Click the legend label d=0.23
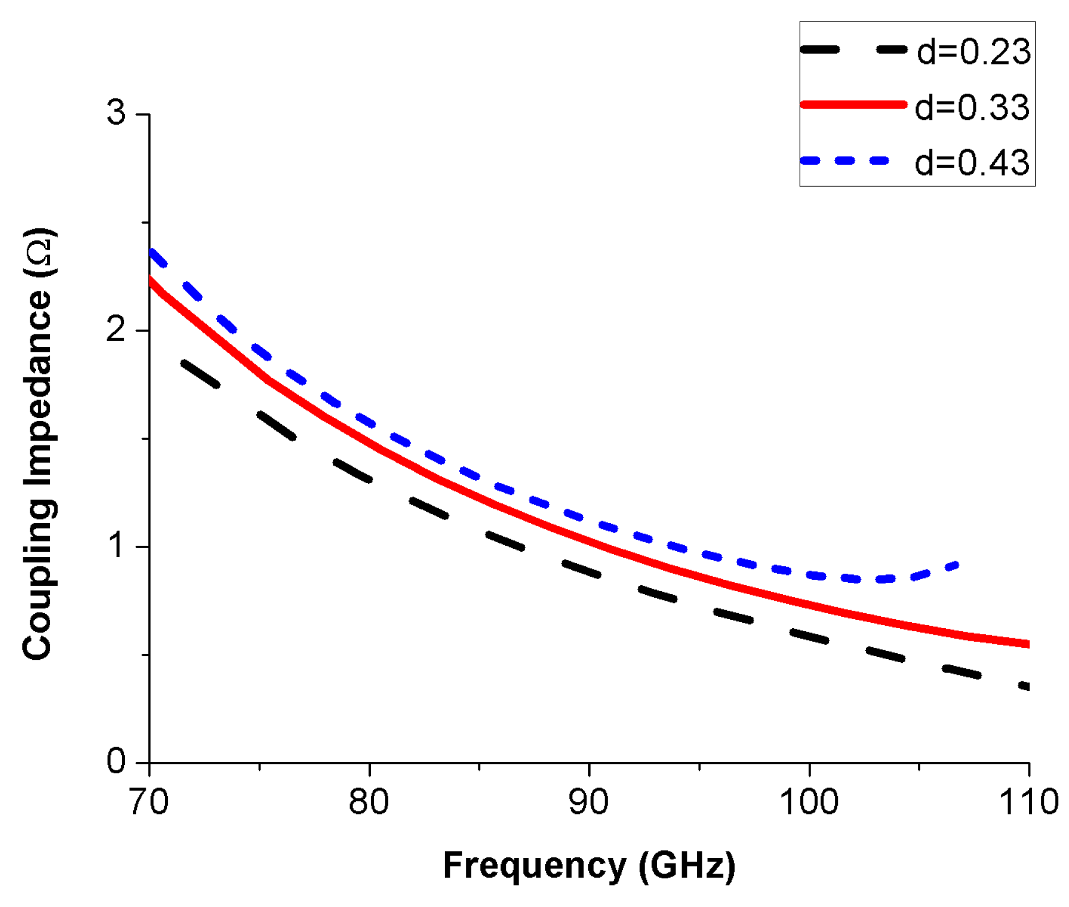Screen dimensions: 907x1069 pyautogui.click(x=973, y=51)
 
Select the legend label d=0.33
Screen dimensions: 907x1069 pyautogui.click(x=972, y=107)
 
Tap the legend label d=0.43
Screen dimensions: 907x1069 pyautogui.click(x=972, y=162)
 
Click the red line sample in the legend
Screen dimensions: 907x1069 pyautogui.click(x=853, y=104)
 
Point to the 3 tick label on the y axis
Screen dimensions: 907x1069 pyautogui.click(x=116, y=112)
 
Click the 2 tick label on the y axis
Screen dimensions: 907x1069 pyautogui.click(x=116, y=329)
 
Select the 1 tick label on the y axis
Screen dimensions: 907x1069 pyautogui.click(x=118, y=545)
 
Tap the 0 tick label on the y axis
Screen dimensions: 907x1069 pyautogui.click(x=116, y=761)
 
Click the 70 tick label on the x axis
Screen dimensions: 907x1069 pyautogui.click(x=149, y=802)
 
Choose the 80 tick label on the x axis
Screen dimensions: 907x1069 pyautogui.click(x=369, y=802)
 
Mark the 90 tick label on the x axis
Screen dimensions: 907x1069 pyautogui.click(x=589, y=802)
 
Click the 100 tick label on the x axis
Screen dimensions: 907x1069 pyautogui.click(x=809, y=802)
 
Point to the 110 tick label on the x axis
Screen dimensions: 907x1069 pyautogui.click(x=1028, y=802)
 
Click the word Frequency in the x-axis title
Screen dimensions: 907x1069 pyautogui.click(x=534, y=865)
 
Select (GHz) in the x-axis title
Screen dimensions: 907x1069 pyautogui.click(x=687, y=865)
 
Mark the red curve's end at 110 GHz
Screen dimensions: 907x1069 pyautogui.click(x=1027, y=644)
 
